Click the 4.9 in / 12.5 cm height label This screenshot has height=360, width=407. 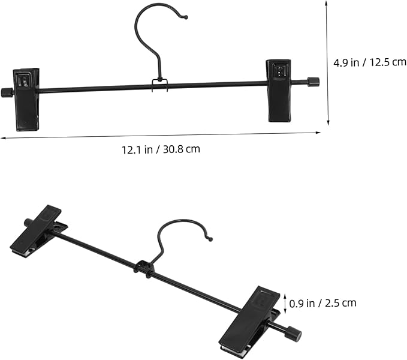click(x=370, y=62)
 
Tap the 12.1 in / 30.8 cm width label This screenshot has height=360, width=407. click(x=161, y=149)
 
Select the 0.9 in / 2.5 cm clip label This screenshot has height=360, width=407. click(x=322, y=303)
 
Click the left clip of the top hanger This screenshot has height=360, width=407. click(x=26, y=100)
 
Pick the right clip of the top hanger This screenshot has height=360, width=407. click(x=278, y=91)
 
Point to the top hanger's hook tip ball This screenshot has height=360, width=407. click(x=186, y=17)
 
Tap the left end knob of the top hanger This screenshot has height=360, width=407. click(x=5, y=92)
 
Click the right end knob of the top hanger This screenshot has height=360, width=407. click(x=313, y=82)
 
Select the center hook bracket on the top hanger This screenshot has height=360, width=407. click(x=159, y=85)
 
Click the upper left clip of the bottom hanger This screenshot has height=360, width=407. click(x=39, y=232)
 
